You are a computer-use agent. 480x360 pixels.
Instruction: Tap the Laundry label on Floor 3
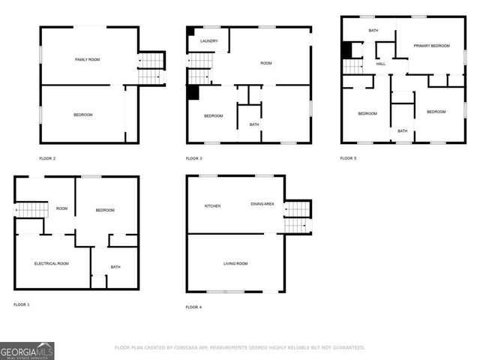click(209, 41)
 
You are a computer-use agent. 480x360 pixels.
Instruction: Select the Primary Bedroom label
click(431, 46)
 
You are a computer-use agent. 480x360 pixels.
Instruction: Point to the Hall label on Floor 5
click(381, 64)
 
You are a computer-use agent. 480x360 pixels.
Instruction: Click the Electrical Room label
click(52, 263)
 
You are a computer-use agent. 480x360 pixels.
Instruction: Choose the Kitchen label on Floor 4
click(212, 205)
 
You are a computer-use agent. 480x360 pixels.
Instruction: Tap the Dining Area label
click(262, 204)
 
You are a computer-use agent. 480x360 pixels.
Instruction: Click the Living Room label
click(235, 263)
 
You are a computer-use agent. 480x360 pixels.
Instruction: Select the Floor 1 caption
click(22, 304)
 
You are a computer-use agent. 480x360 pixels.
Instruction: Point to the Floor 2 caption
click(47, 158)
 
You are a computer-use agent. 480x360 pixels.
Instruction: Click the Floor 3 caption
click(194, 158)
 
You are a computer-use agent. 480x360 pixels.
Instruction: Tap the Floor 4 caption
click(193, 307)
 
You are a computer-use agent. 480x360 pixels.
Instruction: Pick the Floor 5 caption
click(348, 158)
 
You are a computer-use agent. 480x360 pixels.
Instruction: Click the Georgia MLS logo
click(27, 350)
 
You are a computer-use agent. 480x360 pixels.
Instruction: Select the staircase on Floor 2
click(151, 68)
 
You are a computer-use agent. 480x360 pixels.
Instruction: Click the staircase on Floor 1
click(31, 210)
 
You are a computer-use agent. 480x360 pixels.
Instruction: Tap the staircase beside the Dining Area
click(297, 217)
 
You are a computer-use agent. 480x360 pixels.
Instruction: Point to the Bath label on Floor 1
click(115, 267)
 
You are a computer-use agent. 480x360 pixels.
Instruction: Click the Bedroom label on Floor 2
click(82, 114)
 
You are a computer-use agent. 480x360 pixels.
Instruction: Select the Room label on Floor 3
click(265, 63)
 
